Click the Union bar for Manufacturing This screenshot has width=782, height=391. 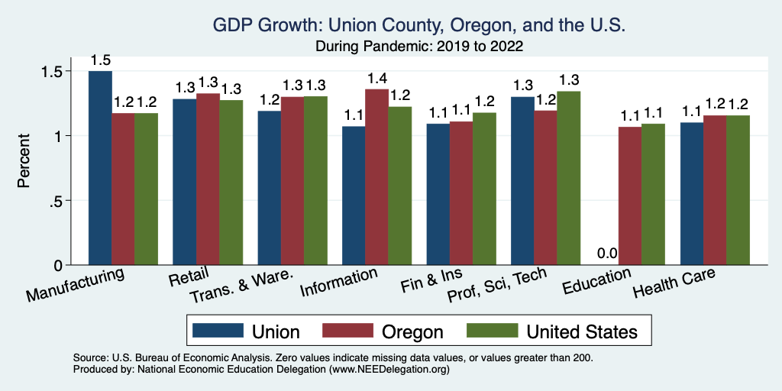100,168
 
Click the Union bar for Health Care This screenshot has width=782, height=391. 691,194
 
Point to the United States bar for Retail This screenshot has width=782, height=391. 231,183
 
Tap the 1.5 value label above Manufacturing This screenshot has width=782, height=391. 100,60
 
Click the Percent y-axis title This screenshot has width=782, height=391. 24,161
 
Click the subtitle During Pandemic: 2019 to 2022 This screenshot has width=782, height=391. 419,46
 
